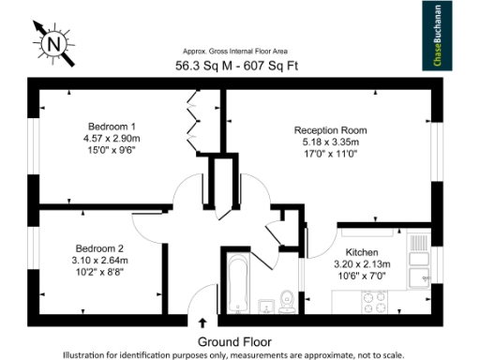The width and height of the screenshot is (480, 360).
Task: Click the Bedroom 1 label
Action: click(112, 127)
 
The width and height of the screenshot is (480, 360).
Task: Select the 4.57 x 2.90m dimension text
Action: click(112, 139)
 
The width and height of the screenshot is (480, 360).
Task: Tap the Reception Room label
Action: click(330, 130)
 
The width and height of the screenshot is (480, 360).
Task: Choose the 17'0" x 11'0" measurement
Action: click(330, 155)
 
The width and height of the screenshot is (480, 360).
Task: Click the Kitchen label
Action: click(362, 253)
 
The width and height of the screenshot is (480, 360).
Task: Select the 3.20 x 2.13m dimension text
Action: click(362, 265)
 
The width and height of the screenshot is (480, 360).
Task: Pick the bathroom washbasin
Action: click(265, 306)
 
